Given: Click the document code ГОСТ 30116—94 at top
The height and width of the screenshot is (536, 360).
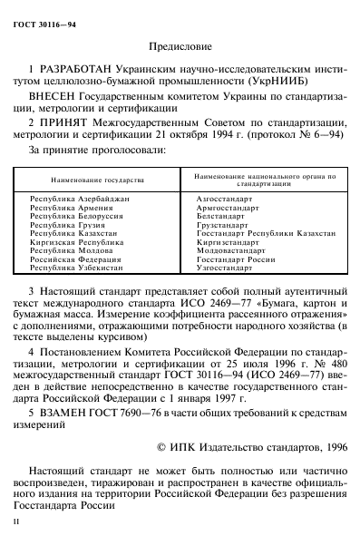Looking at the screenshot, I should [44, 10].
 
